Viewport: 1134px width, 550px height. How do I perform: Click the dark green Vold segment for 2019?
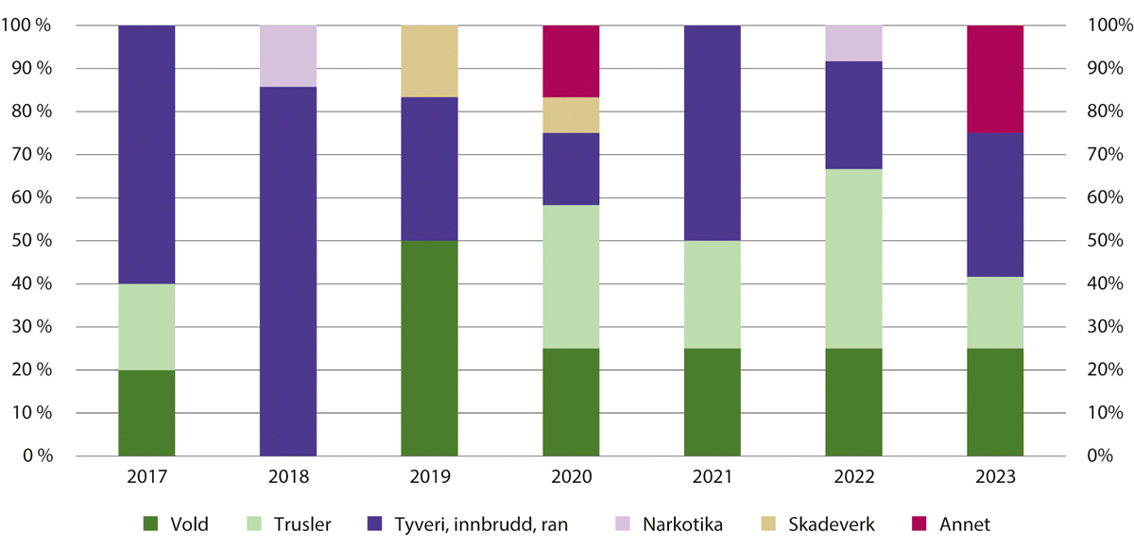click(429, 348)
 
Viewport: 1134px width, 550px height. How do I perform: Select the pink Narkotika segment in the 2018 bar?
click(288, 56)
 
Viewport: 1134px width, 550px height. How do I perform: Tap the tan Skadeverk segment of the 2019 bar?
click(429, 61)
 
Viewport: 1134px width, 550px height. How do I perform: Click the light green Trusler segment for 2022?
click(853, 258)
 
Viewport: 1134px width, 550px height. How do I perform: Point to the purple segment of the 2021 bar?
click(712, 133)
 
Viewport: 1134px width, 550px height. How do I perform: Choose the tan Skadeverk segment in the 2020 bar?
click(571, 115)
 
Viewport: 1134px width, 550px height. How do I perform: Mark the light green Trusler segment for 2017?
click(146, 326)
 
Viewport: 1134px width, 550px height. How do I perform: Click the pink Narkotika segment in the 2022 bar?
click(853, 43)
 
